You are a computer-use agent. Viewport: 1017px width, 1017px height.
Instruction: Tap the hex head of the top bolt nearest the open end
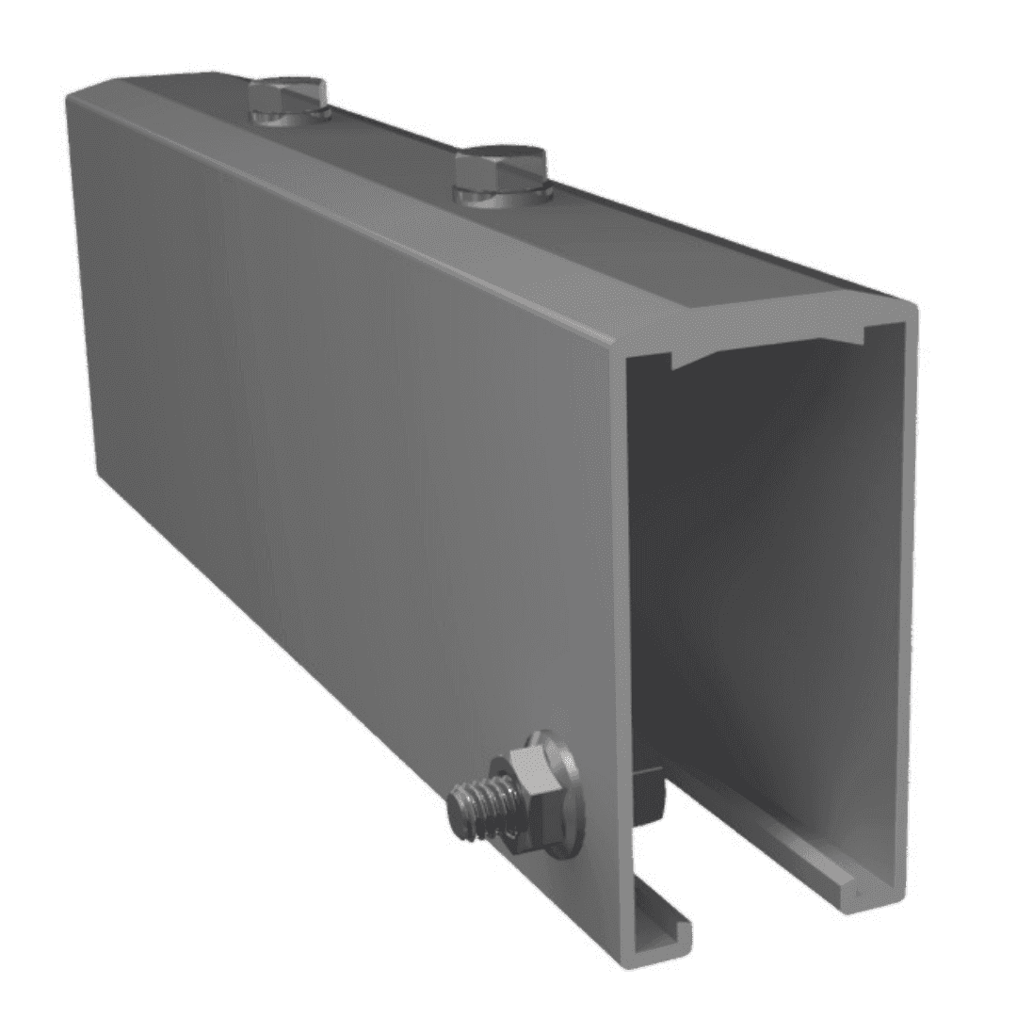[499, 169]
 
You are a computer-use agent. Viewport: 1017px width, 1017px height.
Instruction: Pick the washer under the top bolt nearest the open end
[503, 194]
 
